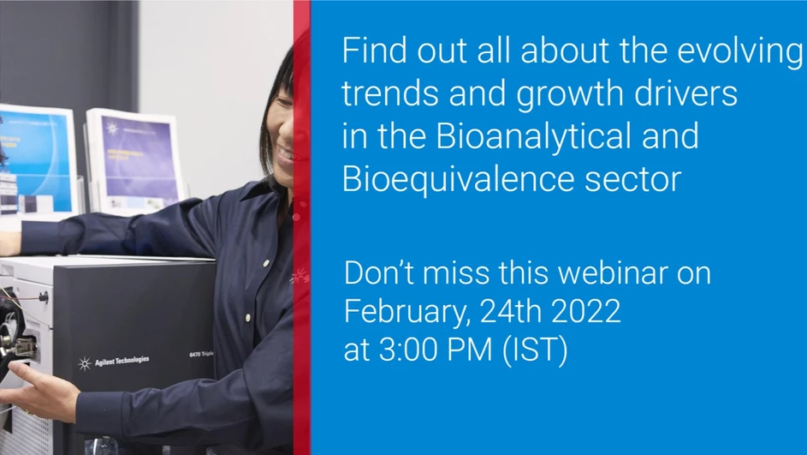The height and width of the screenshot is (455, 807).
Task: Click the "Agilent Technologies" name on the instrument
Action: [x=120, y=361]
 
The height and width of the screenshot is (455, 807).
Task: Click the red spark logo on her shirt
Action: [x=299, y=277]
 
